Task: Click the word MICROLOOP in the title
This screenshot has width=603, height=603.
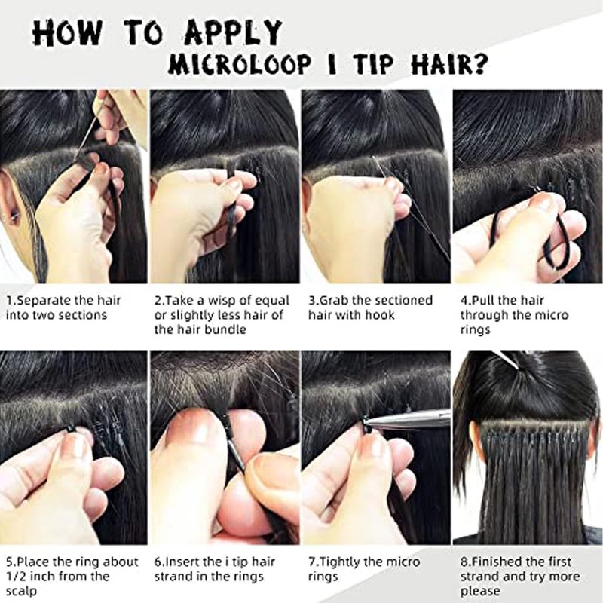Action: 240,63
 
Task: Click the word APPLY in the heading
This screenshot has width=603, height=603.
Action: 234,32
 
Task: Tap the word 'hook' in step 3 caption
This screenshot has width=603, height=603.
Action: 380,315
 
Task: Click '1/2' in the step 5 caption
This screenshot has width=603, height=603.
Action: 14,577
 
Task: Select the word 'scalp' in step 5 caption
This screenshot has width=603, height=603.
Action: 22,592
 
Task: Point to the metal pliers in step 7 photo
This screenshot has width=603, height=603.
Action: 408,420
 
